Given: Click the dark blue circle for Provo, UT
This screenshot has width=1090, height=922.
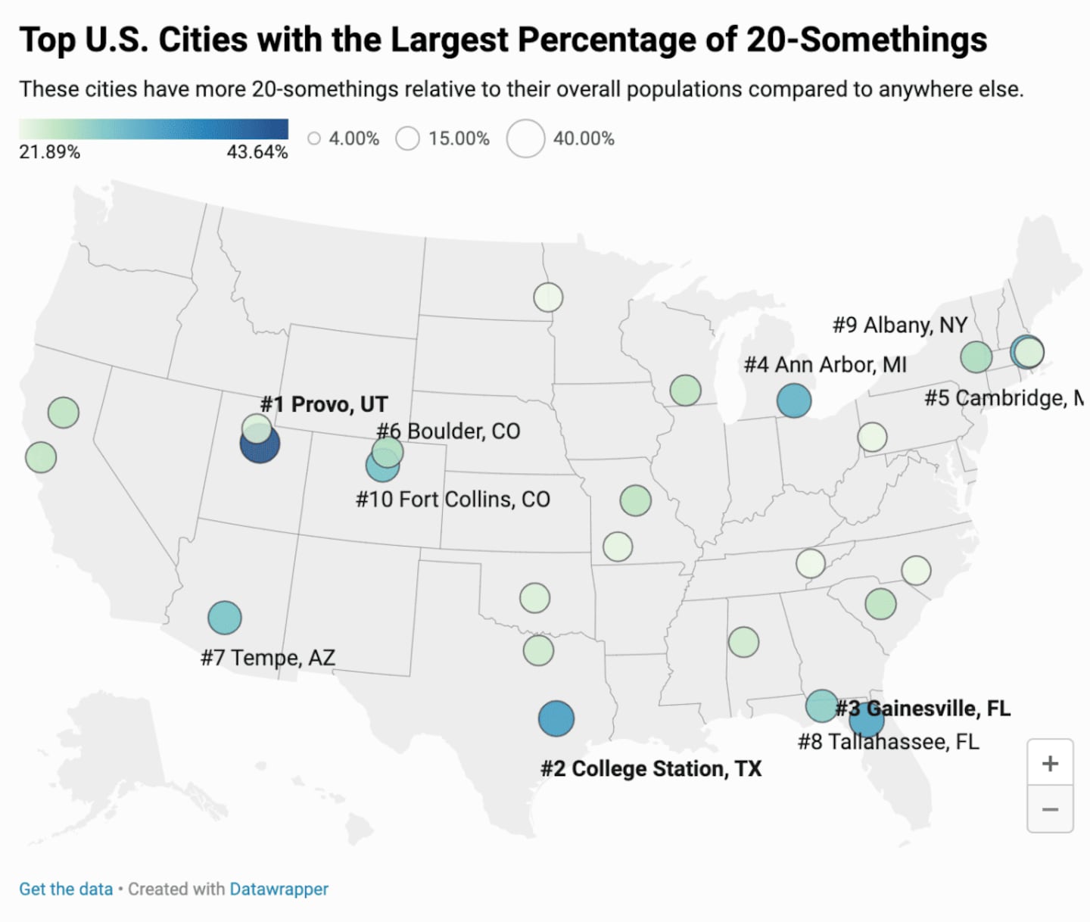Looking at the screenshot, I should click(x=260, y=445).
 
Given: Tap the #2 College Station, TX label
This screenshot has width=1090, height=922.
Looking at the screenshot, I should click(x=650, y=768).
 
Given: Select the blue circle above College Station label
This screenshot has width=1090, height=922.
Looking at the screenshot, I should click(x=556, y=718).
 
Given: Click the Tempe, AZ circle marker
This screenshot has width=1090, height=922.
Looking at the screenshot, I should click(x=225, y=618).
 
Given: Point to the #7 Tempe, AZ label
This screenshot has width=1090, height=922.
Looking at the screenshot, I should click(x=267, y=657).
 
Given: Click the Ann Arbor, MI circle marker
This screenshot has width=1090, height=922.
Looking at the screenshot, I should click(x=794, y=400).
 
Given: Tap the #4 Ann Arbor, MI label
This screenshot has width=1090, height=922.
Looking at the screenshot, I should click(x=825, y=365).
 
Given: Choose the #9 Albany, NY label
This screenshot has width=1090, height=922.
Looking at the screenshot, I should click(x=900, y=325).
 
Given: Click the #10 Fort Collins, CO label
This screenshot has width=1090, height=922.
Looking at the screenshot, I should click(x=453, y=500).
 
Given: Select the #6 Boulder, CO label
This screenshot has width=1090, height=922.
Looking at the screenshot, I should click(x=448, y=431).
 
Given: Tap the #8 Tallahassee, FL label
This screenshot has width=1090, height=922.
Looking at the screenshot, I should click(x=888, y=741).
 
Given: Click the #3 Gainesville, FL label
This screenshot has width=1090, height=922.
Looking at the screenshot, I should click(x=923, y=709).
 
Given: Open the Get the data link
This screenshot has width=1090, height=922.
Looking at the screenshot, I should click(x=66, y=889).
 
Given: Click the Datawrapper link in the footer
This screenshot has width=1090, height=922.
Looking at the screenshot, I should click(x=279, y=889).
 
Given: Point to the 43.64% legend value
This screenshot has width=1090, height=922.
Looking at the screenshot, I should click(x=257, y=152).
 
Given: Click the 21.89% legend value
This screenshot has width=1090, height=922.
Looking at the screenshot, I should click(x=49, y=152).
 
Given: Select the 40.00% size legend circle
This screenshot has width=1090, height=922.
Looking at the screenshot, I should click(x=526, y=139).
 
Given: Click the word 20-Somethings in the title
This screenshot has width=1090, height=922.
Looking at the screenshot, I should click(x=867, y=39).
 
